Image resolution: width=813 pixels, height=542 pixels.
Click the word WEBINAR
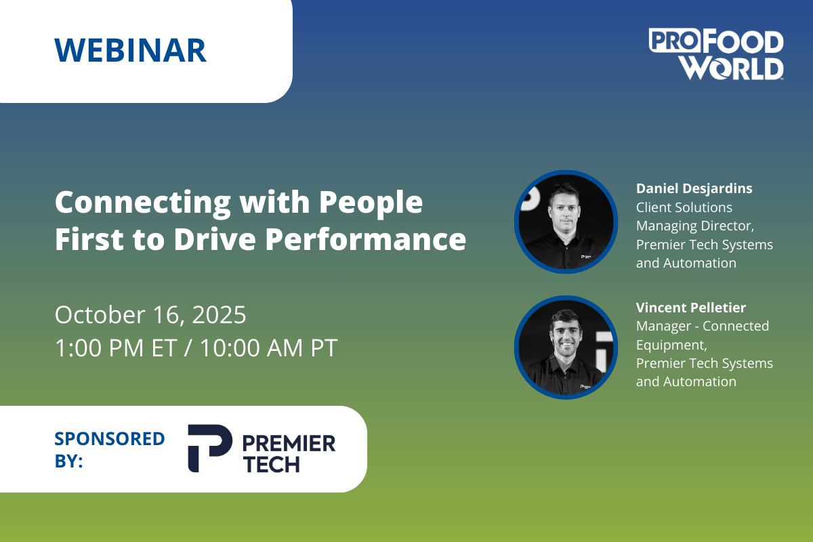coord(130,50)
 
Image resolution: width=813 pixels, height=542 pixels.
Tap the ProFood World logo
coord(716,54)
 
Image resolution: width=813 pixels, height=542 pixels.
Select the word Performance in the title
coord(365,240)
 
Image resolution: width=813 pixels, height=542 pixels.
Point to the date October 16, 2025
coord(150,314)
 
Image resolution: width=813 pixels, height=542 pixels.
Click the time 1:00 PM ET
coord(116,348)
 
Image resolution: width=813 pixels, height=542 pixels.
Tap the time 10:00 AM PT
coord(269,348)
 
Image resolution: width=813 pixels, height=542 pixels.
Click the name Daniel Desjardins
coord(694,188)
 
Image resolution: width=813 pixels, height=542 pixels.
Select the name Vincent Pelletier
coord(690,308)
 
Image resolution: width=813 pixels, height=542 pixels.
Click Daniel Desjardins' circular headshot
coord(566,222)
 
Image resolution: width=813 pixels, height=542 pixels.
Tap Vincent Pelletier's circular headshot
coord(566,348)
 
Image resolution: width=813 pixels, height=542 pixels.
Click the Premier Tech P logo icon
coord(210,449)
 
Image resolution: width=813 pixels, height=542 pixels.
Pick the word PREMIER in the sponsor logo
coord(289,444)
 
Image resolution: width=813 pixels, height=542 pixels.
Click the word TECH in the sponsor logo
coord(272,464)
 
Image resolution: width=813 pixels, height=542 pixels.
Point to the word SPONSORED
coord(110,438)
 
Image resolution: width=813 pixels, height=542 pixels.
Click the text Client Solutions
coord(684,207)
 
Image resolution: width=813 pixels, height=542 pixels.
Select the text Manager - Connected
coord(703,326)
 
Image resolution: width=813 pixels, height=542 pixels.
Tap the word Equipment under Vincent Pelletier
coord(671,345)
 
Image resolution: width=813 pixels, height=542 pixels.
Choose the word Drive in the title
coord(215,240)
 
